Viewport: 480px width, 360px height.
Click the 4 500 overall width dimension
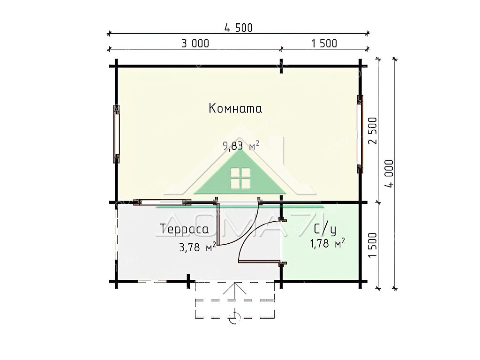pyautogui.click(x=239, y=28)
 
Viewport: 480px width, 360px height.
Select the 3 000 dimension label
pyautogui.click(x=195, y=44)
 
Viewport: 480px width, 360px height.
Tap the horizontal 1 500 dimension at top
pyautogui.click(x=324, y=44)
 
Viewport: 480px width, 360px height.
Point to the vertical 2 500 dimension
pyautogui.click(x=372, y=131)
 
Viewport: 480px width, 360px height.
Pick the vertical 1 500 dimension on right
pyautogui.click(x=372, y=245)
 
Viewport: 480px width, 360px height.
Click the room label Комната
pyautogui.click(x=235, y=108)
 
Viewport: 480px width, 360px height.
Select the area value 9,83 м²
pyautogui.click(x=241, y=146)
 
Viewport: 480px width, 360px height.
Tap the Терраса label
pyautogui.click(x=184, y=229)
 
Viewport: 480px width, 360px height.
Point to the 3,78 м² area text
pyautogui.click(x=197, y=247)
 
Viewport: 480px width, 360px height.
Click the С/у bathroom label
pyautogui.click(x=325, y=230)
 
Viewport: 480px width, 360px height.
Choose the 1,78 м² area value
pyautogui.click(x=327, y=243)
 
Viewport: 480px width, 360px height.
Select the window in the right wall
pyautogui.click(x=360, y=134)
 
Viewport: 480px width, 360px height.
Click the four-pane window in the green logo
pyautogui.click(x=240, y=178)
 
